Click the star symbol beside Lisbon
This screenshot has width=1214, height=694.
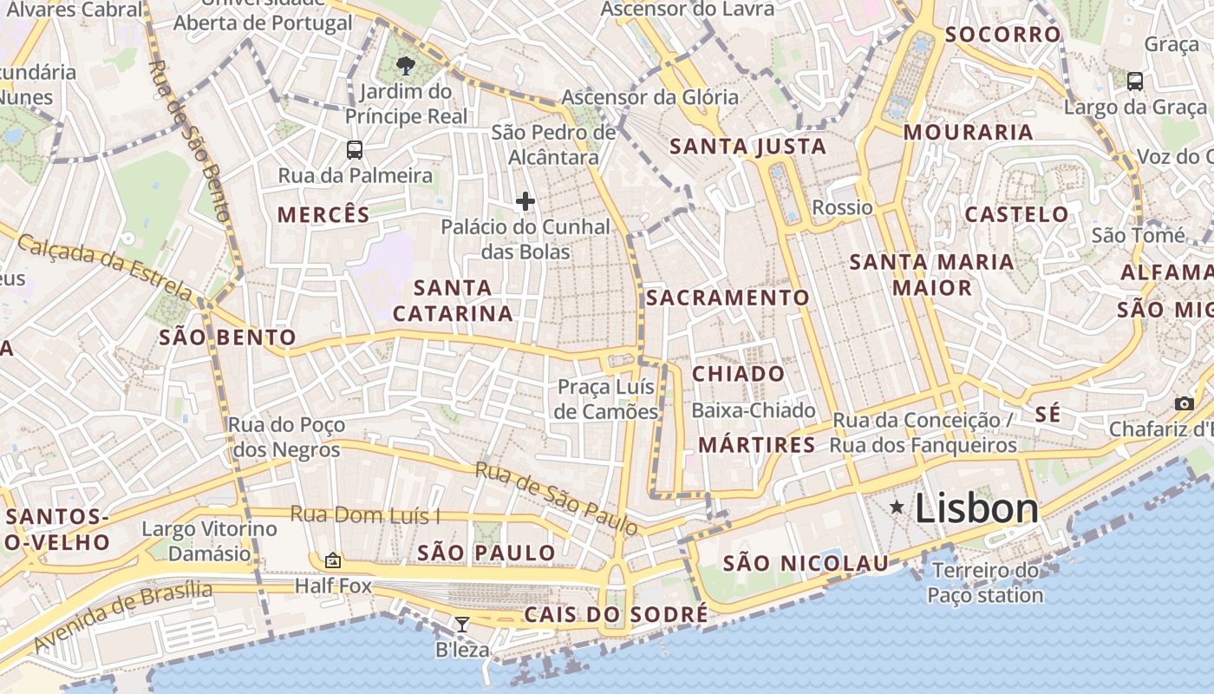pyautogui.click(x=897, y=507)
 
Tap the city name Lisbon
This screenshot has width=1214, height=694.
pyautogui.click(x=976, y=508)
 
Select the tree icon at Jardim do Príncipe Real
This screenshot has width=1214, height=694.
pyautogui.click(x=404, y=65)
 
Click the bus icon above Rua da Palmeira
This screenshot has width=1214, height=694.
pyautogui.click(x=355, y=149)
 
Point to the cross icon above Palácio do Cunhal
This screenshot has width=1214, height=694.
pyautogui.click(x=525, y=201)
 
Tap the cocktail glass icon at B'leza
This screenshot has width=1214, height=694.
pyautogui.click(x=462, y=624)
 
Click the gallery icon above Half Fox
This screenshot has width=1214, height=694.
pyautogui.click(x=332, y=560)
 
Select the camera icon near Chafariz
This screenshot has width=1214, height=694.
pyautogui.click(x=1184, y=403)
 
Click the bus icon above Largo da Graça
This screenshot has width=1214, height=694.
pyautogui.click(x=1134, y=82)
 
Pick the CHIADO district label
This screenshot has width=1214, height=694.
pyautogui.click(x=739, y=374)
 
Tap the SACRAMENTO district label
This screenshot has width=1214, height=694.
pyautogui.click(x=728, y=298)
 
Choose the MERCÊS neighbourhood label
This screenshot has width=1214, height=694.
pyautogui.click(x=323, y=215)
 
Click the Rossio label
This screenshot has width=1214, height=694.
pyautogui.click(x=842, y=207)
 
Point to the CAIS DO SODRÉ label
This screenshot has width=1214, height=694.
pyautogui.click(x=616, y=615)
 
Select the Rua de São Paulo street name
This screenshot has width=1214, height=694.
pyautogui.click(x=556, y=499)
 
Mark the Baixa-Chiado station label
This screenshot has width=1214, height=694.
pyautogui.click(x=754, y=410)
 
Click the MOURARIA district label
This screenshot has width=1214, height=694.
pyautogui.click(x=968, y=132)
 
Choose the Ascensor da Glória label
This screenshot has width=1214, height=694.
pyautogui.click(x=649, y=96)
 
